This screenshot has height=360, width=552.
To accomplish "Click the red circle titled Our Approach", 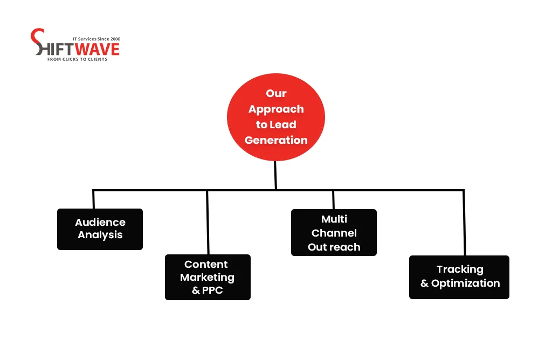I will pyautogui.click(x=275, y=117).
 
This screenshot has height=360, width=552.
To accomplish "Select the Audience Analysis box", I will pyautogui.click(x=100, y=229).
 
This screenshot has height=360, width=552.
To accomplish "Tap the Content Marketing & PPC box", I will pyautogui.click(x=208, y=277).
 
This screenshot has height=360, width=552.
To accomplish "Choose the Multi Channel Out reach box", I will pyautogui.click(x=334, y=233).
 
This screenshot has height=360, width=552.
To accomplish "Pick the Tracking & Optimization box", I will pyautogui.click(x=459, y=277).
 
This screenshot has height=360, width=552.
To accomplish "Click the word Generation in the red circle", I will pyautogui.click(x=276, y=140).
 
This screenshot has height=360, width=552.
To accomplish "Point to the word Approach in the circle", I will pyautogui.click(x=276, y=109).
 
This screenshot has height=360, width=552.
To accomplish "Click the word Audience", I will pyautogui.click(x=100, y=222).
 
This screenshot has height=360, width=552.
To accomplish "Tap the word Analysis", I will pyautogui.click(x=100, y=235).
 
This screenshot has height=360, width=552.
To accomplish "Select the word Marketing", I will pyautogui.click(x=208, y=278).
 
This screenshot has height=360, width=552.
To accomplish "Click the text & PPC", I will pyautogui.click(x=208, y=290).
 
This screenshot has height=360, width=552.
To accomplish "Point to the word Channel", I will pyautogui.click(x=334, y=233).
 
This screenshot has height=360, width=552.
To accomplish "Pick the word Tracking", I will pyautogui.click(x=460, y=269).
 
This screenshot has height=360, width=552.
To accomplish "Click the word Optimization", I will pyautogui.click(x=465, y=283).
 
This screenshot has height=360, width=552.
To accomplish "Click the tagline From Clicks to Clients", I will pyautogui.click(x=77, y=59).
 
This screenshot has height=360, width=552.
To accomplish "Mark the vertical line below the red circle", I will pyautogui.click(x=275, y=175).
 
